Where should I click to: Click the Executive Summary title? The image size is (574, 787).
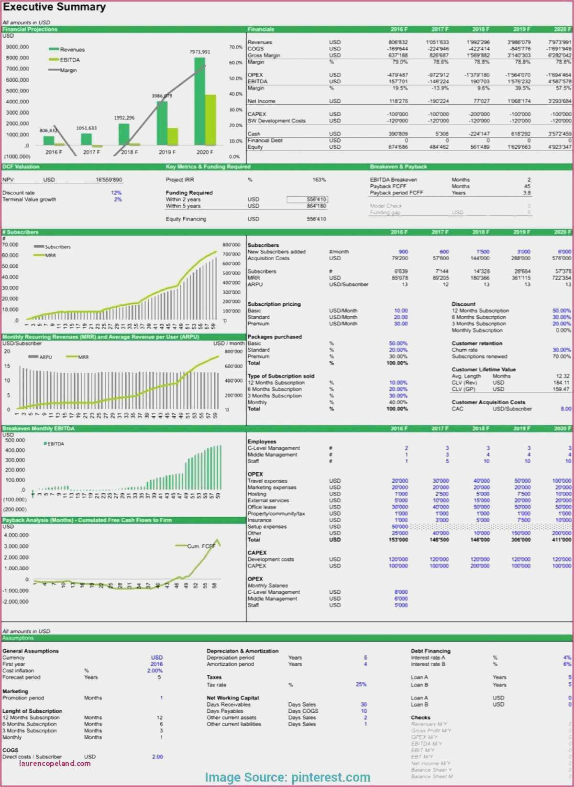tap(54, 7)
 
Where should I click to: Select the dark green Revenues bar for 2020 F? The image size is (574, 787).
tap(199, 100)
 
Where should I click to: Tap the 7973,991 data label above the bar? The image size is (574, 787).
tap(199, 52)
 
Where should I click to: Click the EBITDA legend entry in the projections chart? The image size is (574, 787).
tap(70, 60)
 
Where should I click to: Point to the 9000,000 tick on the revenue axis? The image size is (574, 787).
tap(17, 47)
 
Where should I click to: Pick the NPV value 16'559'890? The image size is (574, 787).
tap(109, 180)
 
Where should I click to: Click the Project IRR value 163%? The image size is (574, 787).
tap(319, 180)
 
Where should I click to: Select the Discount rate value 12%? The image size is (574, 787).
tap(116, 193)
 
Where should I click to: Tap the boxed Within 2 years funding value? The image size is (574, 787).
tap(308, 200)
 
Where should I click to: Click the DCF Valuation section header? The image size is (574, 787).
tap(21, 167)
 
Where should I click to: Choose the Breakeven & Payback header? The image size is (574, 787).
tap(398, 167)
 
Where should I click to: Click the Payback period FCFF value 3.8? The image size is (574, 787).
tap(527, 193)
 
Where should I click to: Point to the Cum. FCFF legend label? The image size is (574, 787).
tap(201, 546)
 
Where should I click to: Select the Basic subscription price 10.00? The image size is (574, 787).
tap(401, 310)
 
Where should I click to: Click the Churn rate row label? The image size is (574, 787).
tap(464, 350)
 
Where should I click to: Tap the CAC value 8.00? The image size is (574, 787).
tap(566, 409)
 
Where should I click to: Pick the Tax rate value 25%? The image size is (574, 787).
tap(361, 684)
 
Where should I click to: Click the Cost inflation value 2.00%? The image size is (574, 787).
tap(155, 671)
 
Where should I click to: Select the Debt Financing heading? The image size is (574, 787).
tap(430, 651)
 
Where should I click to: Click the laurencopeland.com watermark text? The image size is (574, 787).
tap(55, 763)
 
